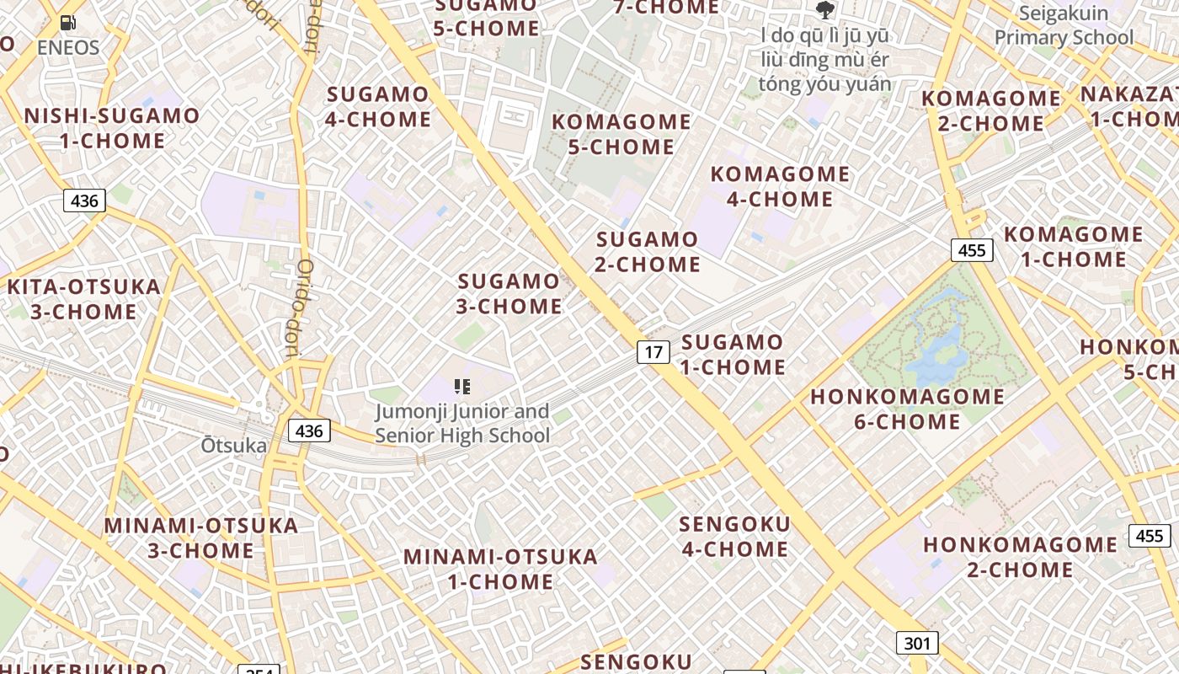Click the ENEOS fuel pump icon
(68, 23)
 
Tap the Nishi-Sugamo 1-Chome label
(112, 128)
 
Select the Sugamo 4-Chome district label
(378, 106)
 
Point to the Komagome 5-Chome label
(622, 134)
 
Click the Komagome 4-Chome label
(780, 186)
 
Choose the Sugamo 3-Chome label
(509, 293)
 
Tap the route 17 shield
(653, 351)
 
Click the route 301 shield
(916, 644)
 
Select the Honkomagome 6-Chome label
(907, 409)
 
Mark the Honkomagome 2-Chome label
(1020, 557)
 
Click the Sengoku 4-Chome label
(734, 537)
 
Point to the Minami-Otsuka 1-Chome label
(500, 569)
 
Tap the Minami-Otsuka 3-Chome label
(201, 538)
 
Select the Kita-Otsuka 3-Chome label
(83, 299)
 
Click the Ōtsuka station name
(233, 446)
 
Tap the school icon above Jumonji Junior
(461, 387)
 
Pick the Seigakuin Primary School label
(1064, 25)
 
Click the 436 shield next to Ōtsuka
(309, 431)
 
